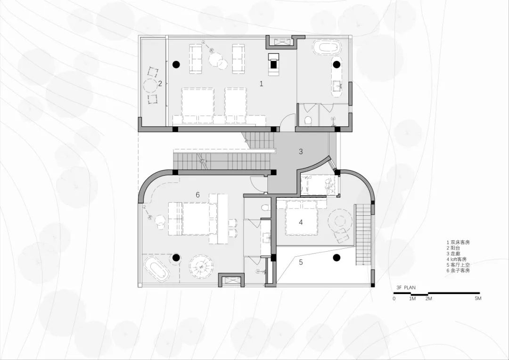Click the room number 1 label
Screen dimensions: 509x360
click(x=261, y=84)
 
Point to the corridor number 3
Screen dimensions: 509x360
click(x=301, y=151)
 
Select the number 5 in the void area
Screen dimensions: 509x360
click(x=301, y=262)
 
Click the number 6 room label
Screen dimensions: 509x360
click(x=197, y=195)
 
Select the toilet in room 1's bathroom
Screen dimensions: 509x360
click(x=308, y=121)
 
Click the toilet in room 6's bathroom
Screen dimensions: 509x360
click(x=266, y=208)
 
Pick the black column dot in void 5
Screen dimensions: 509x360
click(x=337, y=258)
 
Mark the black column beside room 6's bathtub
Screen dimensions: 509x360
click(x=176, y=258)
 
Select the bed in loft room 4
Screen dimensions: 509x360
click(x=301, y=217)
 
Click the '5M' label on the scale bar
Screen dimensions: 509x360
click(x=478, y=298)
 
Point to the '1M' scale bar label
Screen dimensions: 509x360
click(x=412, y=298)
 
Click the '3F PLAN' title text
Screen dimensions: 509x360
click(x=406, y=287)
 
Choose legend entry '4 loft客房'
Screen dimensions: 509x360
click(x=456, y=259)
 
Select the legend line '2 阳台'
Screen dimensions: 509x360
click(x=453, y=248)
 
